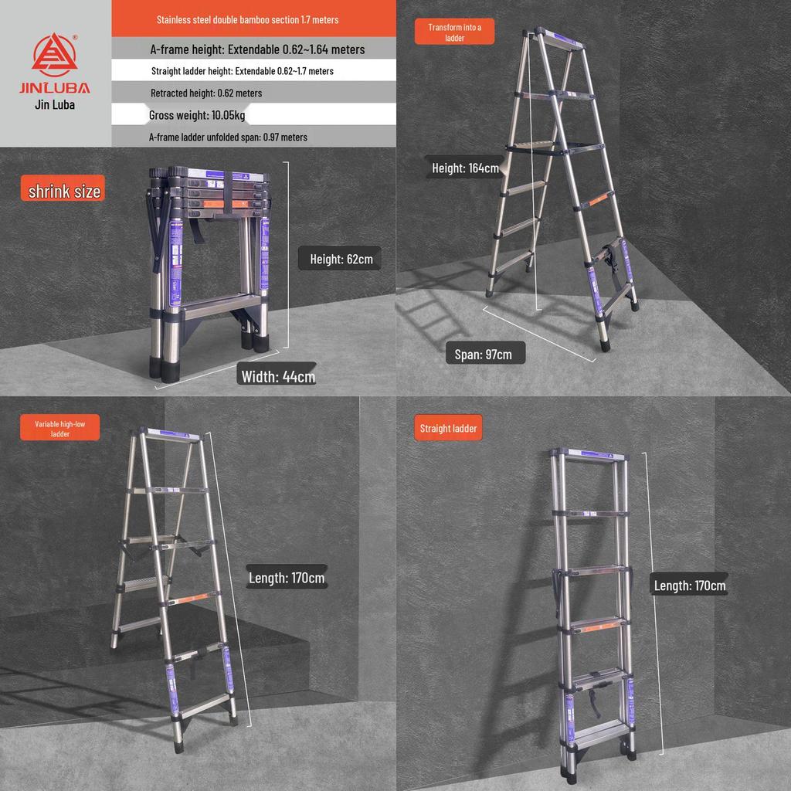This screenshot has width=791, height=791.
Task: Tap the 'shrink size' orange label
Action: (63, 191)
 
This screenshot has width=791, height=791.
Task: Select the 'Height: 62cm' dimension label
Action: (341, 259)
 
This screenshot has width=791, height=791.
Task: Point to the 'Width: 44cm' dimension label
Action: (278, 376)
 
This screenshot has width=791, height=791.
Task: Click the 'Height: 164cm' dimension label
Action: (465, 168)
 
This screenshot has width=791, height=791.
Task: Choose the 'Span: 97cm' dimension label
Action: (483, 354)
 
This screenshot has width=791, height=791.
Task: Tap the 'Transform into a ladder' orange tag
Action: (454, 32)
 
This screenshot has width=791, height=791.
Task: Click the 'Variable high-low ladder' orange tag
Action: (60, 429)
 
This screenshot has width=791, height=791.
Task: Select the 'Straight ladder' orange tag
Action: (448, 428)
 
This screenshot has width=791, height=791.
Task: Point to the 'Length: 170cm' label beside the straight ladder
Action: (689, 586)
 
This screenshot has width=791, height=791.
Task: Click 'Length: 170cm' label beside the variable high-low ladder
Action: (286, 577)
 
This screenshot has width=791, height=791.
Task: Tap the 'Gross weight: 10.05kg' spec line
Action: (197, 115)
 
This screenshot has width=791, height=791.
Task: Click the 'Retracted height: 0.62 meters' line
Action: (206, 93)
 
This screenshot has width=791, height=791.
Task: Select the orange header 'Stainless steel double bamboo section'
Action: (247, 19)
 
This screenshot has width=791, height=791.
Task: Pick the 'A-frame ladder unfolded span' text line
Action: (228, 137)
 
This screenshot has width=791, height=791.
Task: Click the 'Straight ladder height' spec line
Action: (243, 71)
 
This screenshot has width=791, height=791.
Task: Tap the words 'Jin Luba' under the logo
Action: (55, 105)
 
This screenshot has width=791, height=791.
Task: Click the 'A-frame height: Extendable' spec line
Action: (257, 49)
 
